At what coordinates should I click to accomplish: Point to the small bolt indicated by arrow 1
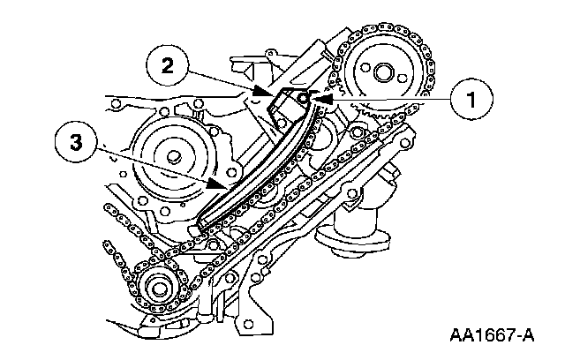302,100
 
